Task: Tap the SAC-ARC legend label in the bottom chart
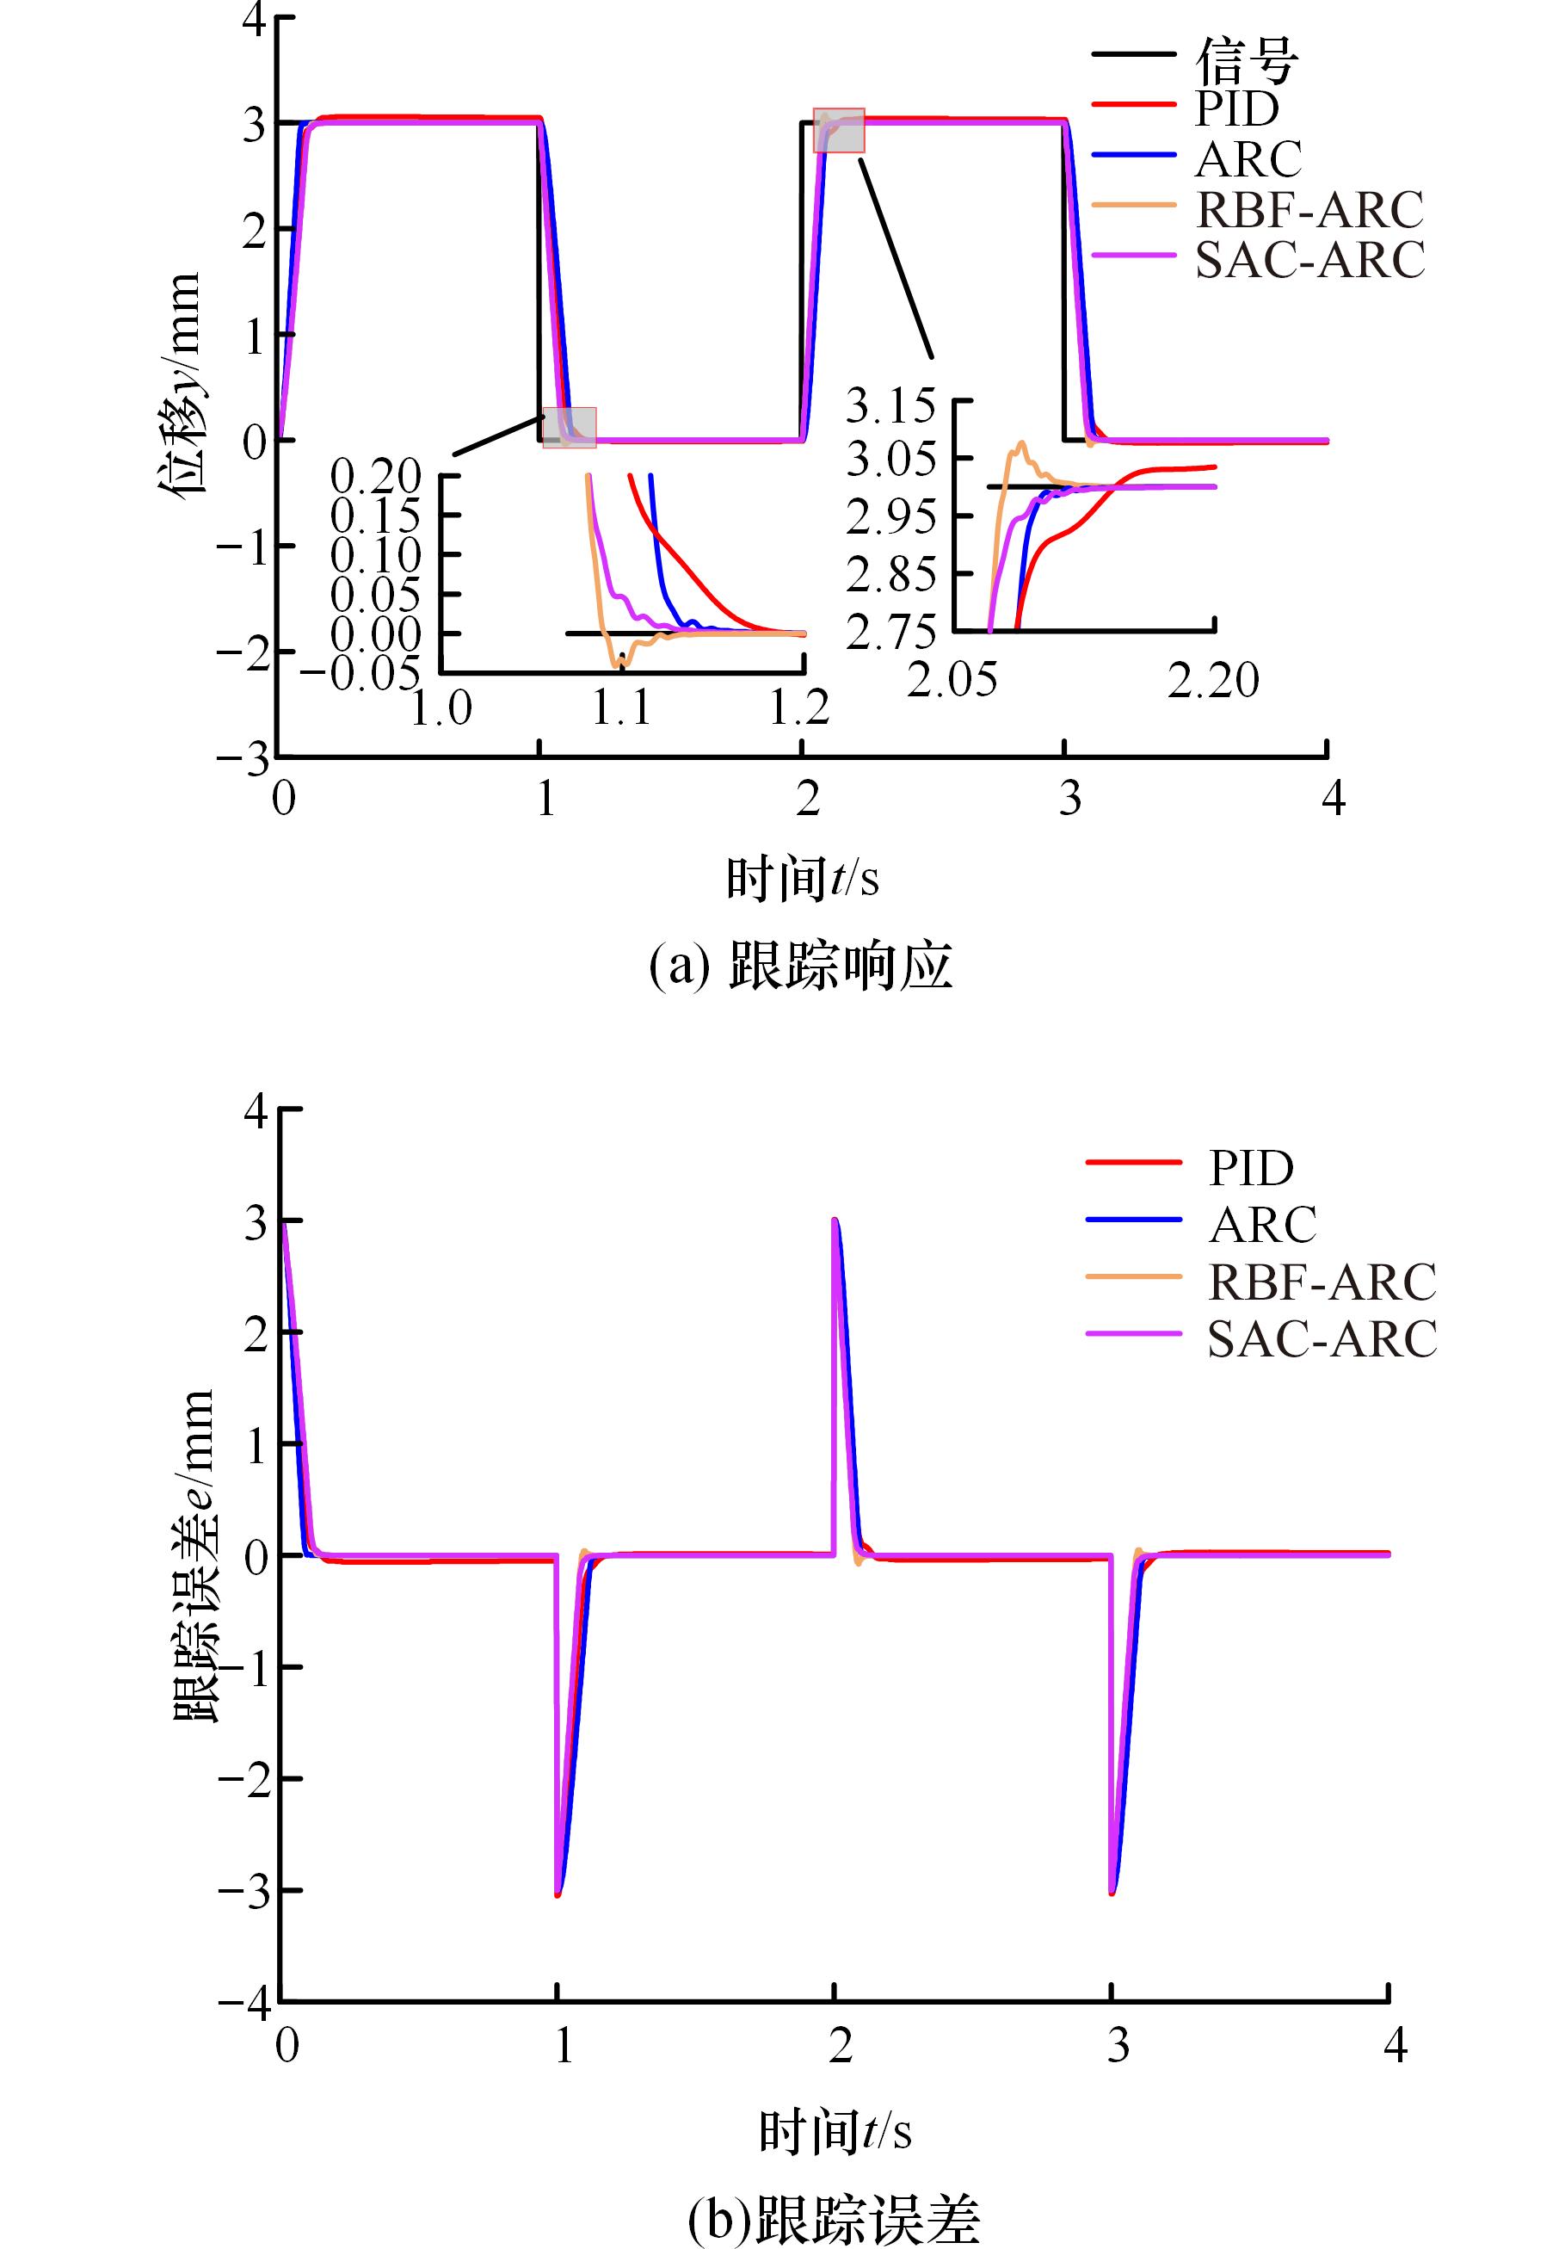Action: click(x=1322, y=1339)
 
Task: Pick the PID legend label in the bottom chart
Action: click(x=1251, y=1168)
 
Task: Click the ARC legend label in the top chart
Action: click(x=1248, y=158)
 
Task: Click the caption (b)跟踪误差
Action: click(x=834, y=2219)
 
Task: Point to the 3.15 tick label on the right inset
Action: click(x=890, y=405)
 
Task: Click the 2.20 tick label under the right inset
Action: click(x=1212, y=681)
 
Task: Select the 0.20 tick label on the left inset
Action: click(x=375, y=476)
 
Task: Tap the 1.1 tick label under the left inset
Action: click(x=621, y=707)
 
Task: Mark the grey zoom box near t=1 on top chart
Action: click(x=569, y=427)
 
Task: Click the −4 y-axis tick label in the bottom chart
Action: click(x=245, y=2001)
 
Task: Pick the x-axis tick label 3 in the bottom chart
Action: click(x=1118, y=2046)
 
